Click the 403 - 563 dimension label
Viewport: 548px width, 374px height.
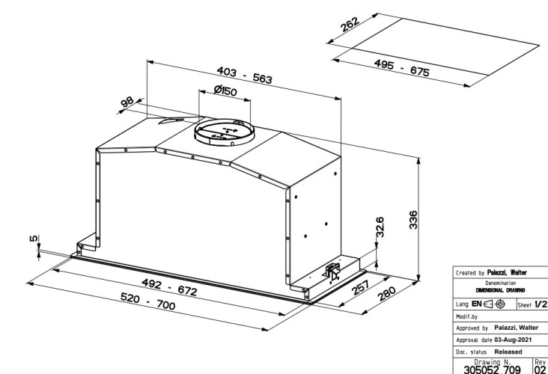[x=244, y=75]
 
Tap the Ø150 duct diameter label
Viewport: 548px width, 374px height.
[x=225, y=91]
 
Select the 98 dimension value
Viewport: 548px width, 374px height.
[x=127, y=102]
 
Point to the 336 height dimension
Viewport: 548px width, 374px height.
[x=413, y=220]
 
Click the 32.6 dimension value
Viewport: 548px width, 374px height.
[x=380, y=227]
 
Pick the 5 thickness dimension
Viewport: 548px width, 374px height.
[x=34, y=239]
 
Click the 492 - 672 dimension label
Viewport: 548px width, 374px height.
[x=169, y=287]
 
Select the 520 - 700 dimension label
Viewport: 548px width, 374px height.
[x=147, y=301]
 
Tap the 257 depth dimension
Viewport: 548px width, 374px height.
[x=360, y=287]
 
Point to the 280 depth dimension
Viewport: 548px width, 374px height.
[x=386, y=294]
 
